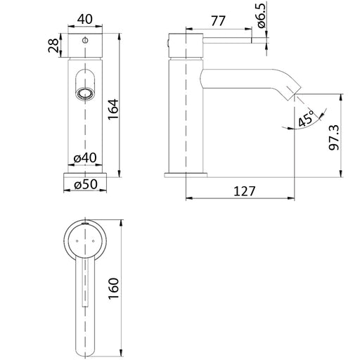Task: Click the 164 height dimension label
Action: tap(114, 109)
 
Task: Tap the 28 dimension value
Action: tap(53, 46)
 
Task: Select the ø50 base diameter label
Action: tap(86, 184)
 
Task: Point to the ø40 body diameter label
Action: tap(85, 158)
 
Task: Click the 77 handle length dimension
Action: tap(218, 21)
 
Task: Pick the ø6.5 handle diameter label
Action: tap(262, 15)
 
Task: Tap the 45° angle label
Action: tap(307, 119)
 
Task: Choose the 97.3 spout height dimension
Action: tap(334, 138)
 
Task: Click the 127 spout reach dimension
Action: tap(244, 191)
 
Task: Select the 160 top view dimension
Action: tap(114, 288)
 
